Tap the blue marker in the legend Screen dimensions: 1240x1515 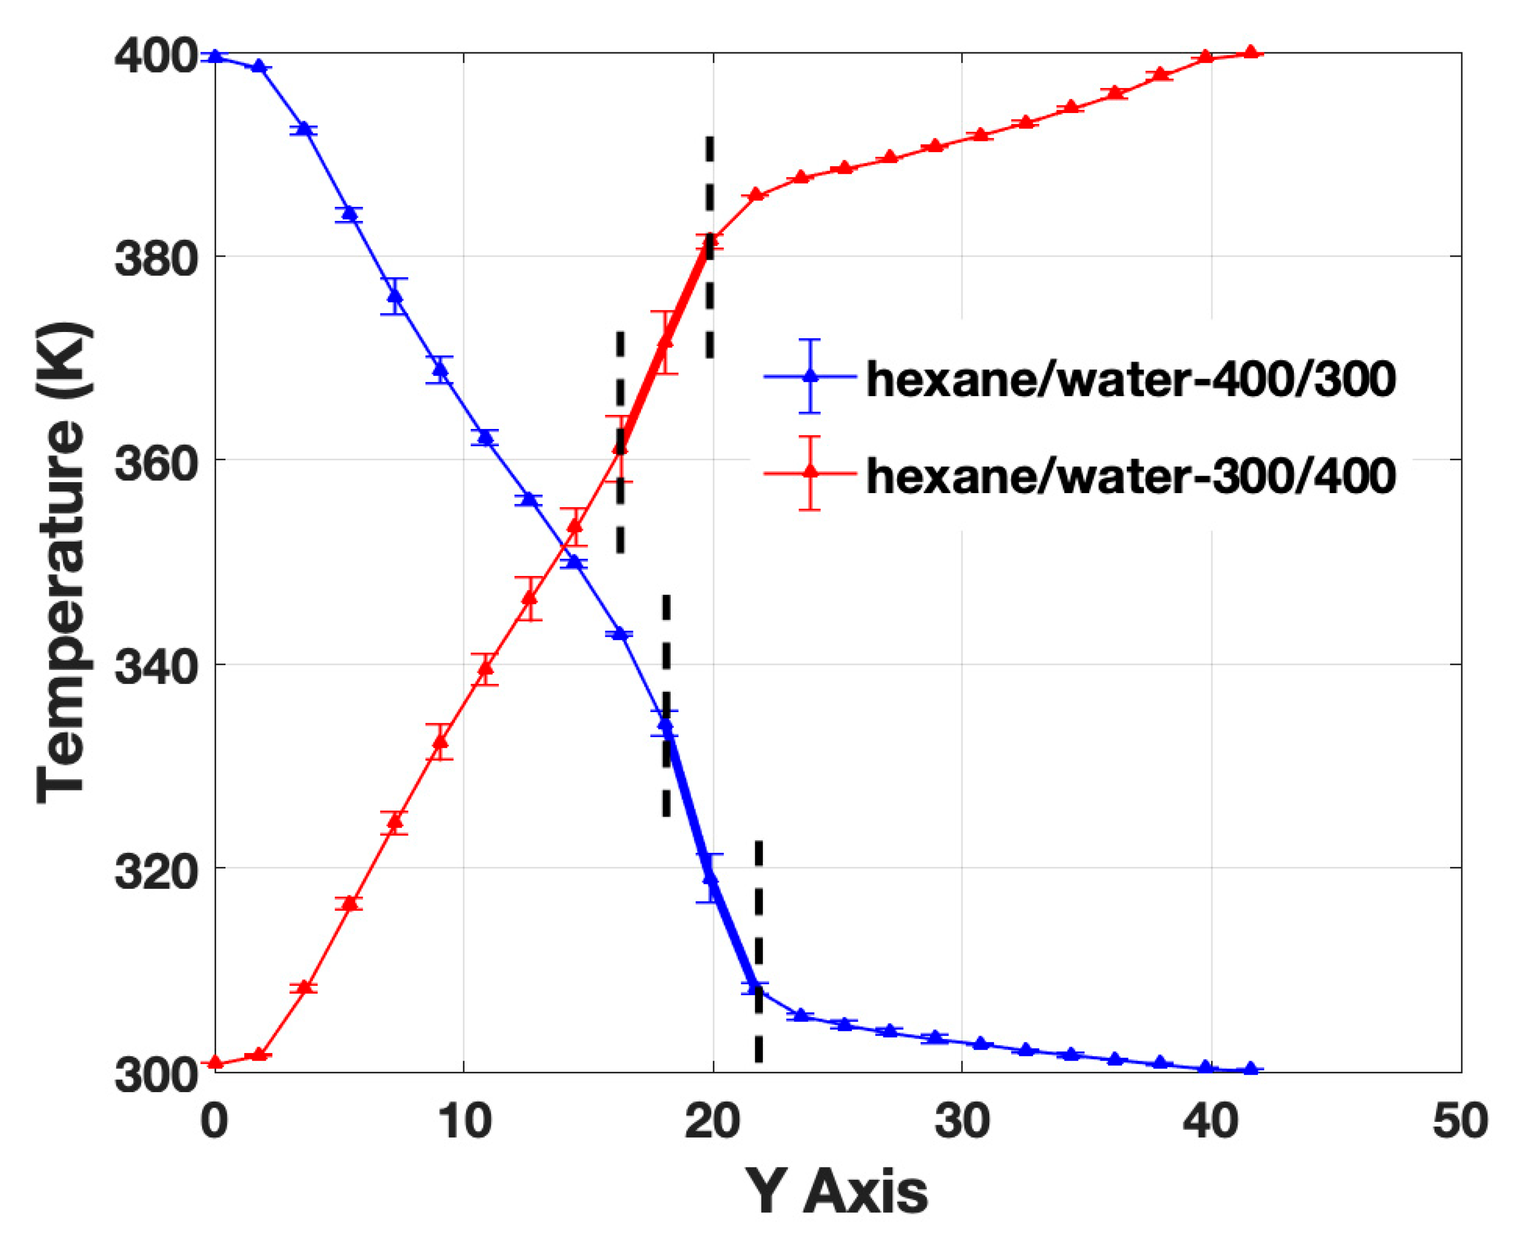(810, 376)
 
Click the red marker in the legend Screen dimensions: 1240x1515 (810, 472)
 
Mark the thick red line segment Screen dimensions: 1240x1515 (665, 343)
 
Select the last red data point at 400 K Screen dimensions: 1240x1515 (1250, 52)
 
